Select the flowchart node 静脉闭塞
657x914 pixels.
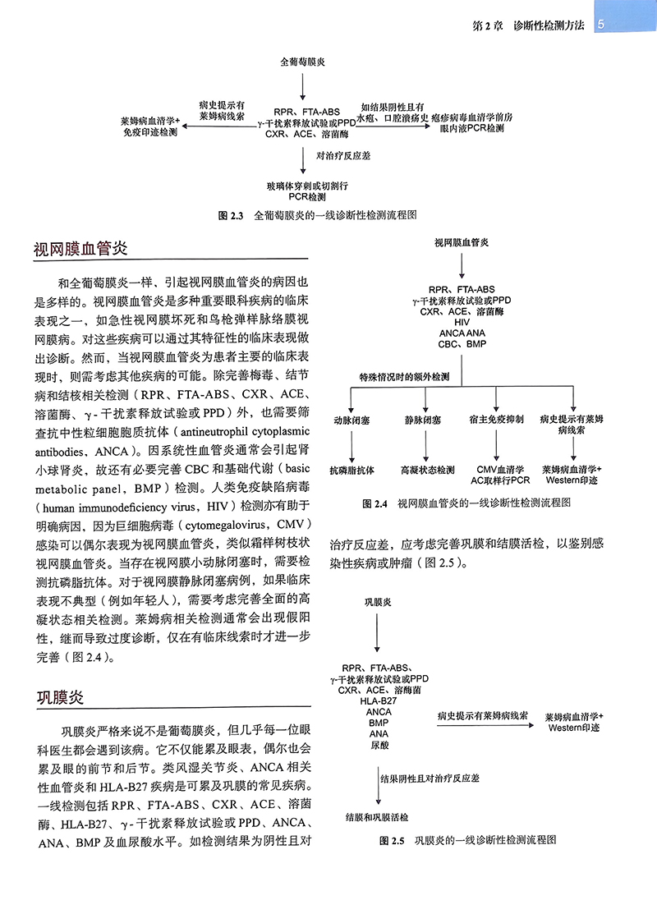tap(422, 420)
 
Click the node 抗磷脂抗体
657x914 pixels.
tap(351, 471)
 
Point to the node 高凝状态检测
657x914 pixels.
tap(427, 471)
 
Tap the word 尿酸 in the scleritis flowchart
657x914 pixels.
tap(379, 744)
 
